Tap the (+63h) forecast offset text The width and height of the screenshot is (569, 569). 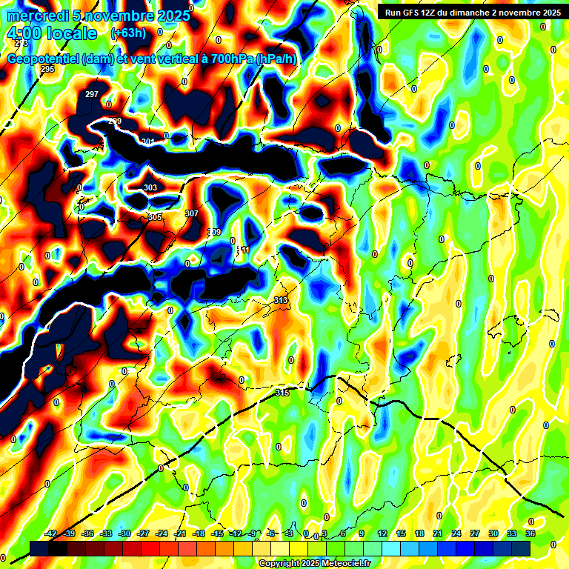coord(128,33)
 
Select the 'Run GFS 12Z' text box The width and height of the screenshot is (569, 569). coord(470,12)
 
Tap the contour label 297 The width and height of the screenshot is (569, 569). coord(92,94)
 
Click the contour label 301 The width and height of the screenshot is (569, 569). coord(148,142)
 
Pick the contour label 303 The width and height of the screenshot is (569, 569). coord(150,188)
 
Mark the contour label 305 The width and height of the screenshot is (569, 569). coord(154,217)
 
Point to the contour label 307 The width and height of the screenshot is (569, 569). coord(191,213)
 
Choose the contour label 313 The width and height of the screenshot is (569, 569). coord(280,300)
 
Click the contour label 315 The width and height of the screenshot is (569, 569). coord(282,393)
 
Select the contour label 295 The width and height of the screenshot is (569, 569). coord(47,69)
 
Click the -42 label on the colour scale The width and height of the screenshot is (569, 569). coord(51,533)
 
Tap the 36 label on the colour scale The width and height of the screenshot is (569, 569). coord(530,533)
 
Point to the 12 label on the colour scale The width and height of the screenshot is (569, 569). coord(382,533)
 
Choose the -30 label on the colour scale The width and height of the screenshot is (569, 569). coord(124,533)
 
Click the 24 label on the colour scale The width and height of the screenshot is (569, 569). coord(456,533)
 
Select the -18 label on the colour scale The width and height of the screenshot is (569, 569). coord(199,533)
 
